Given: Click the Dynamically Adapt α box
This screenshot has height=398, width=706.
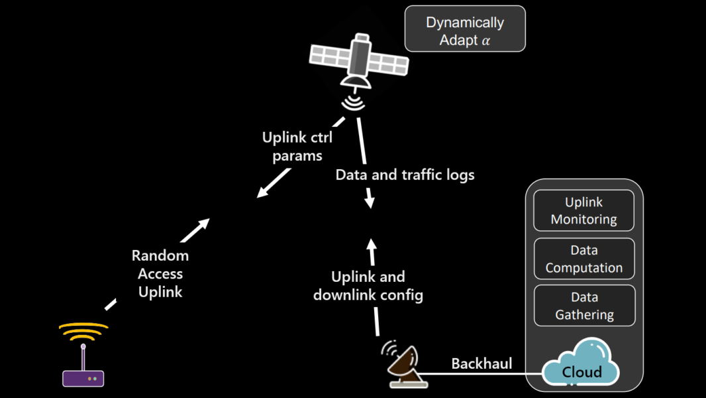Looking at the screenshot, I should coord(465,29).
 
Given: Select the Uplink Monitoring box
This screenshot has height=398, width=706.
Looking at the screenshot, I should coord(583,211).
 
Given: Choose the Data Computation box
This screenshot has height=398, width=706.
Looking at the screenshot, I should coord(583,259).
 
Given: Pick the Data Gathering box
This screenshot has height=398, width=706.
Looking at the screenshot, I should coord(583,306).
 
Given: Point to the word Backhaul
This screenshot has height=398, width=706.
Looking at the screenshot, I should coord(481,364).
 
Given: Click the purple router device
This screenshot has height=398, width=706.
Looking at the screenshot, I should coord(83,378).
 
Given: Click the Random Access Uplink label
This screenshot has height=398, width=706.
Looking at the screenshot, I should coord(160,273).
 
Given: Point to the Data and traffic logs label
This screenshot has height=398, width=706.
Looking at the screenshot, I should coord(405,175).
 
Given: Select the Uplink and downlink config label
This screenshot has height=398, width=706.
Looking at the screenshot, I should coord(368,286).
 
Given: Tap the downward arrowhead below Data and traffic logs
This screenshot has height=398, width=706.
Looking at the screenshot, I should coord(370,202).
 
